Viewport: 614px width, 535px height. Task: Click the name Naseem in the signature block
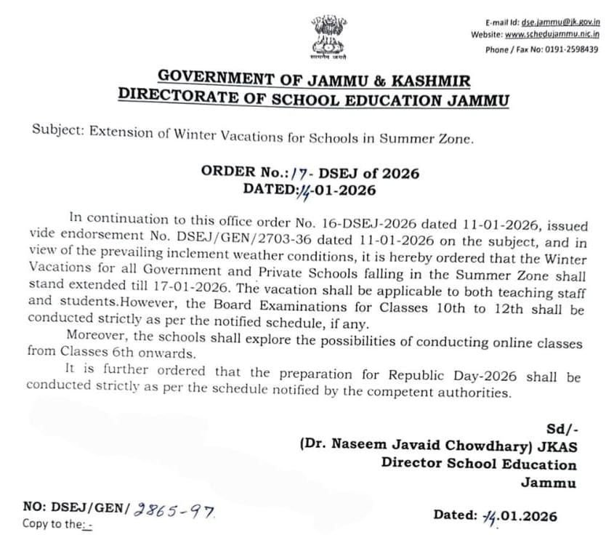point(362,448)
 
